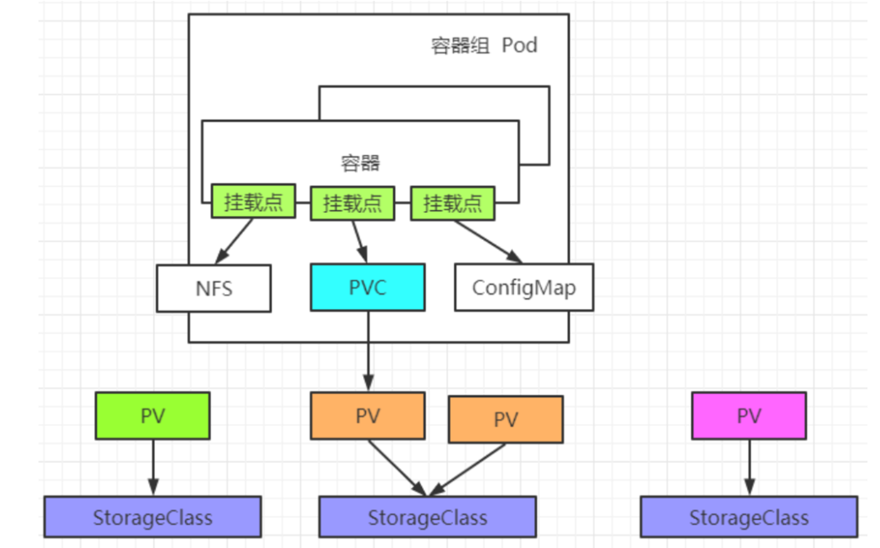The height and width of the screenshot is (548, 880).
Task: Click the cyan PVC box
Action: coord(368,287)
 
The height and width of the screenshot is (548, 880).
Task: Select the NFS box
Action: coord(214,288)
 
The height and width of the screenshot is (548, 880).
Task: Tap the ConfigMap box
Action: coord(524,287)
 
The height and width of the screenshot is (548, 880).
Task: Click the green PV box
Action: coord(153,416)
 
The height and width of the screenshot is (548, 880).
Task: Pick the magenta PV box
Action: coord(749,416)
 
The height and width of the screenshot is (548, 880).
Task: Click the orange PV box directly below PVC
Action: coord(368,416)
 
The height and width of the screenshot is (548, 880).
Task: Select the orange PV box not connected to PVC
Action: coord(506,419)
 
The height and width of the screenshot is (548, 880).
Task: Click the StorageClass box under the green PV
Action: coord(153,517)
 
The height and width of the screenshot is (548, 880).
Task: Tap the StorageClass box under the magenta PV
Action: coord(749,517)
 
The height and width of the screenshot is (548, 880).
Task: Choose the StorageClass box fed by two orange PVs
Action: coord(428,517)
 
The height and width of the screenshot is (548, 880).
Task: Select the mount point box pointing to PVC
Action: coord(352,203)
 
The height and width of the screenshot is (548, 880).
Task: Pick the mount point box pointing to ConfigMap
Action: coord(453,203)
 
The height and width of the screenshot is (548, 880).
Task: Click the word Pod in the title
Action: coord(520,45)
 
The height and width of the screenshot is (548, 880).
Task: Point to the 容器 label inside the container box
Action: coord(360,163)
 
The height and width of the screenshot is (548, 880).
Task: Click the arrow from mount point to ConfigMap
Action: coord(488,242)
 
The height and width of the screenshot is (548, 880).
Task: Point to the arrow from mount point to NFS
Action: coord(234,241)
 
